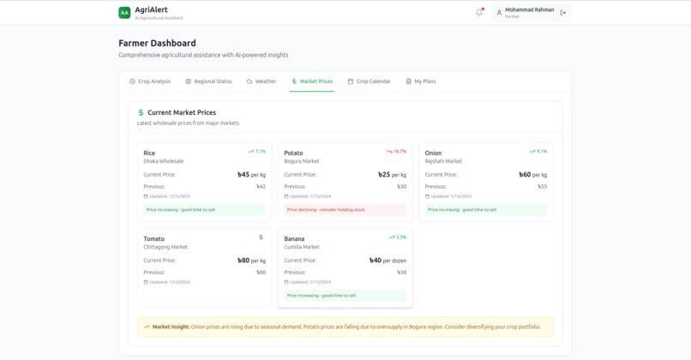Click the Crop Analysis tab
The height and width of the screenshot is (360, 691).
tap(150, 81)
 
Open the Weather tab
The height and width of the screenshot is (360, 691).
tap(261, 81)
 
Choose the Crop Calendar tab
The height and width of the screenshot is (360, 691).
tap(369, 81)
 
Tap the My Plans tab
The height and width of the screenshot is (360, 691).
tap(421, 81)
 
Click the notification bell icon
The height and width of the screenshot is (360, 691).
tap(479, 12)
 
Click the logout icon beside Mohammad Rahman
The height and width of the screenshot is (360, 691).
tap(563, 13)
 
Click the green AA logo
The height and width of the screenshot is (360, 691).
tap(124, 13)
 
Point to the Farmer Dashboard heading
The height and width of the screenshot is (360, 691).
tap(157, 43)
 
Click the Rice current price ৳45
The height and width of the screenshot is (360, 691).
tap(244, 175)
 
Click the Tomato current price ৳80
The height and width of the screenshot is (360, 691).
tap(244, 261)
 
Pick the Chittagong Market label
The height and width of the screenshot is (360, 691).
tap(165, 247)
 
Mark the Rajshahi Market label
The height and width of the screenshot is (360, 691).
tap(443, 161)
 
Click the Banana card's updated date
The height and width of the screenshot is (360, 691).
tap(310, 282)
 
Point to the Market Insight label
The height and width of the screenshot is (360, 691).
tap(171, 327)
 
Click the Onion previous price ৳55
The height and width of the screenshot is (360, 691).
tap(542, 187)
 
